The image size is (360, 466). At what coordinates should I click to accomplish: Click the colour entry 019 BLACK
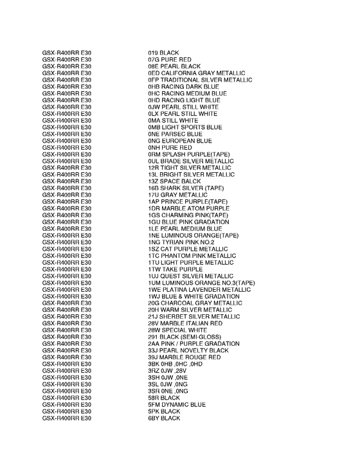pos(163,53)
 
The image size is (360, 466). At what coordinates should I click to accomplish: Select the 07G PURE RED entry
pos(169,59)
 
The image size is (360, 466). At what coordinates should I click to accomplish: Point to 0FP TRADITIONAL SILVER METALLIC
pos(200,80)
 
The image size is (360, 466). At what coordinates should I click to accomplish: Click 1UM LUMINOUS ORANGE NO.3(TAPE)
pos(201,283)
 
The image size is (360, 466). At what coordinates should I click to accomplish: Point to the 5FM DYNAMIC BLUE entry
pos(177,404)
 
